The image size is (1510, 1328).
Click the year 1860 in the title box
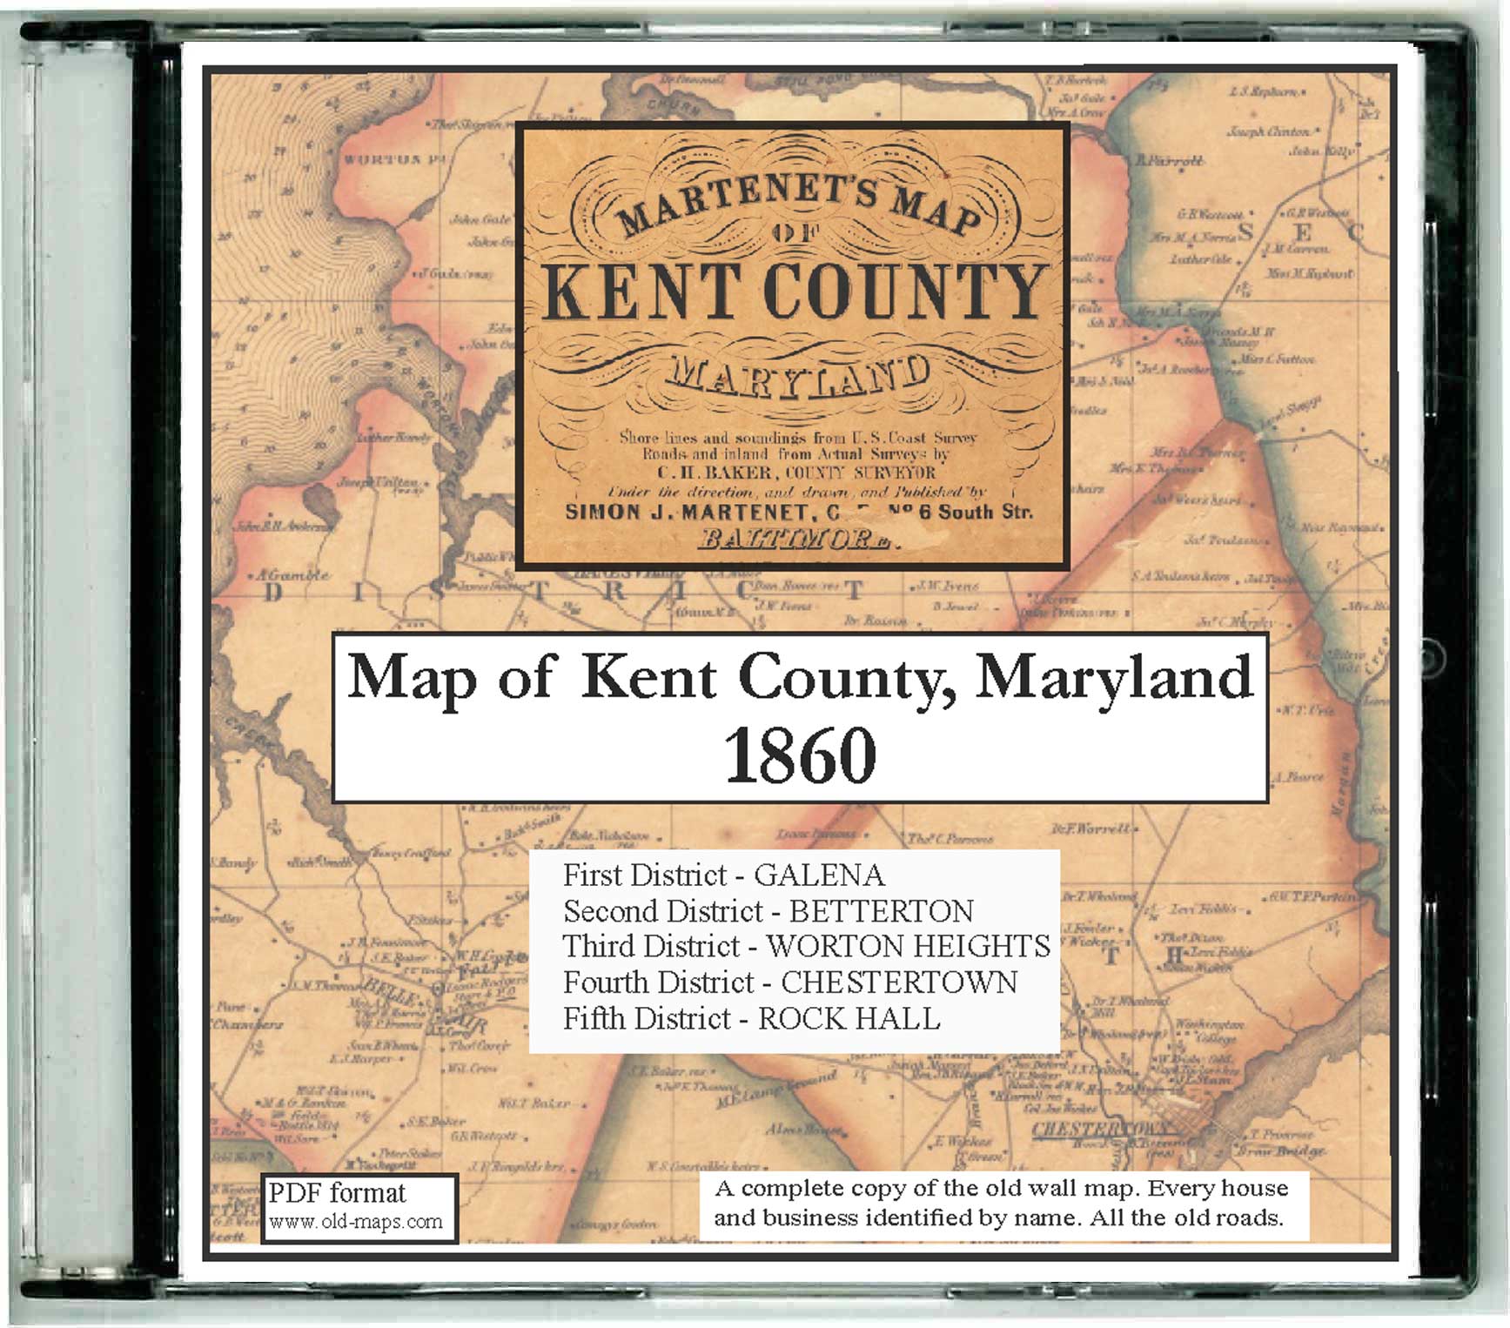point(800,755)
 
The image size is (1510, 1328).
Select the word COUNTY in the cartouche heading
point(905,292)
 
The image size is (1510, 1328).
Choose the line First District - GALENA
point(723,875)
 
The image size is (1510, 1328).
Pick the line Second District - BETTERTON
point(768,911)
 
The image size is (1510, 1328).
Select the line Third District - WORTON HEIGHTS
point(806,946)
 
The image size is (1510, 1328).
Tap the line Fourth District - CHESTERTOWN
point(789,983)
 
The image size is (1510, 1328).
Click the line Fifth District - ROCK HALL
point(751,1018)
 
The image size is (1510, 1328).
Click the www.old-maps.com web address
point(356,1221)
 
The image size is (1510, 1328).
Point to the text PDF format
point(337,1193)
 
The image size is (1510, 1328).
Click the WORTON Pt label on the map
point(382,159)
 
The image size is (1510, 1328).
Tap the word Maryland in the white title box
point(1114,677)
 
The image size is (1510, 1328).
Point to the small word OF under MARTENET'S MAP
point(796,231)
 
